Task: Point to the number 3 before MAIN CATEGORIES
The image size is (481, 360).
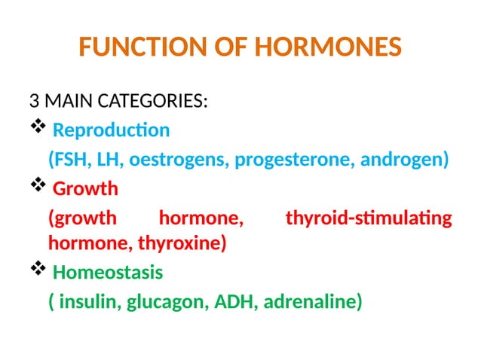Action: tap(34, 101)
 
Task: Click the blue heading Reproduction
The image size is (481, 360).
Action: tap(112, 130)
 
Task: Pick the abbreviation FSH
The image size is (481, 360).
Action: tap(69, 160)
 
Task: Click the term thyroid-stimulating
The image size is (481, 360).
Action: tap(369, 218)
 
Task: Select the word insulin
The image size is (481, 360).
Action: tap(90, 302)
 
